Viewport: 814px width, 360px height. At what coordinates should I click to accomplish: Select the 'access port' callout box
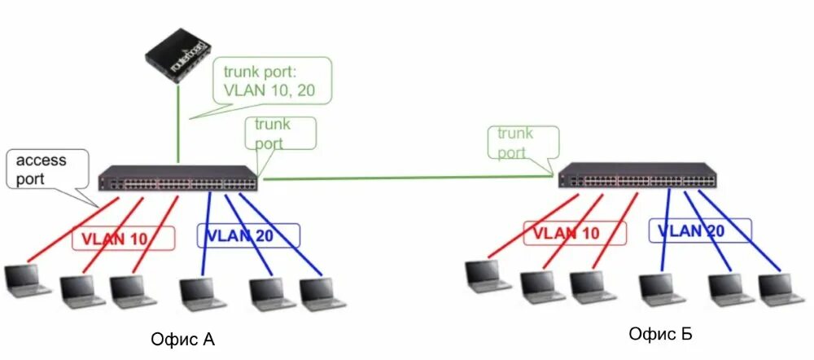[x=41, y=169]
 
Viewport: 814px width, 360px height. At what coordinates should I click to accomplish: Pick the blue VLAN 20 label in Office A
[x=248, y=236]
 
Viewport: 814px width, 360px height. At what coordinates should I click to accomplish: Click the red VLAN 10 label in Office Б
[x=575, y=233]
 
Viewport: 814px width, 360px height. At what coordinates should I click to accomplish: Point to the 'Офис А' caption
[x=183, y=339]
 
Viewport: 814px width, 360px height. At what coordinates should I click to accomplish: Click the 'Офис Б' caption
[x=660, y=333]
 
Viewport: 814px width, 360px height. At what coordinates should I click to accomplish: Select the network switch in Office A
[x=178, y=180]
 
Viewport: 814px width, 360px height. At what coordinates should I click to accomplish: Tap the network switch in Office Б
[x=638, y=175]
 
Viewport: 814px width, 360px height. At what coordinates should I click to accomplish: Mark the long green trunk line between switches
[x=407, y=176]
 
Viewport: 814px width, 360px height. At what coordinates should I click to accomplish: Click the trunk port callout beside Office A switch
[x=280, y=134]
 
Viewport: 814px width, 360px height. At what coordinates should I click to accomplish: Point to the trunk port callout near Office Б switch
[x=524, y=143]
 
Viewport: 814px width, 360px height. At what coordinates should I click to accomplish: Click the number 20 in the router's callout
[x=304, y=90]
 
